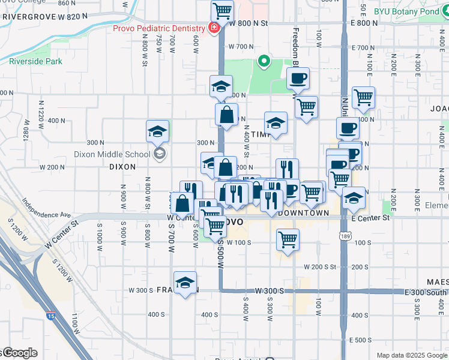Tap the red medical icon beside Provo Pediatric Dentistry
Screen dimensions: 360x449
pyautogui.click(x=212, y=27)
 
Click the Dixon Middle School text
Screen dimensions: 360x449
pyautogui.click(x=112, y=154)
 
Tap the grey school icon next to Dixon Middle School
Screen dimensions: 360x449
pyautogui.click(x=159, y=154)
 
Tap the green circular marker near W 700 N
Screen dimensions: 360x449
pyautogui.click(x=263, y=61)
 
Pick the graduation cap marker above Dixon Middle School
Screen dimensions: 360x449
pyautogui.click(x=157, y=131)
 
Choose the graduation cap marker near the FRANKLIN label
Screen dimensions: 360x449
pyautogui.click(x=185, y=283)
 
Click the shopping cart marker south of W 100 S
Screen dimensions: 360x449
pyautogui.click(x=288, y=240)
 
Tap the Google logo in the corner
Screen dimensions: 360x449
pyautogui.click(x=20, y=353)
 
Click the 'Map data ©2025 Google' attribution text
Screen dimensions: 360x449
pyautogui.click(x=412, y=355)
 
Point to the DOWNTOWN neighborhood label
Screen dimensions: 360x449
pyautogui.click(x=304, y=213)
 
